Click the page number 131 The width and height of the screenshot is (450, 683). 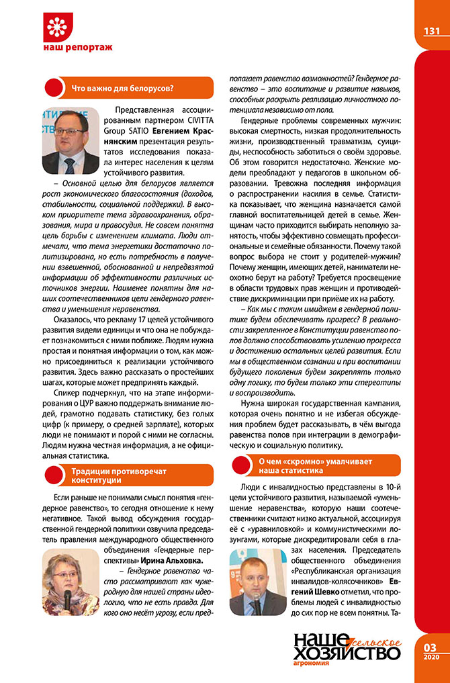[x=431, y=31]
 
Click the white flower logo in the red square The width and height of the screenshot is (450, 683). [x=58, y=27]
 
